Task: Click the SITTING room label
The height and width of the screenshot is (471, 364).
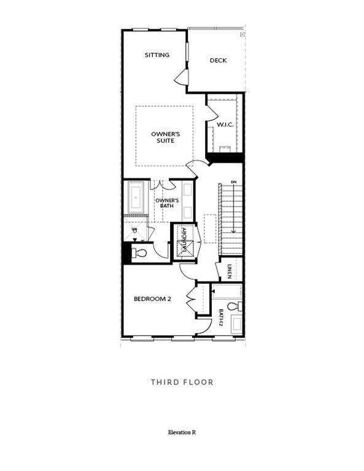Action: click(x=157, y=55)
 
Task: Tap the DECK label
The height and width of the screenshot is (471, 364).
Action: click(x=218, y=60)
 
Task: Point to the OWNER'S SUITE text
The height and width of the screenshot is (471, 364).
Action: click(x=163, y=137)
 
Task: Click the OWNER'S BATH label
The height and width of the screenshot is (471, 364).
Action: click(x=166, y=203)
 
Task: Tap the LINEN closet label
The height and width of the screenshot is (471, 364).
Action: click(x=229, y=271)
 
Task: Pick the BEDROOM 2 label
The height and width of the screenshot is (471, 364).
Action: click(x=152, y=299)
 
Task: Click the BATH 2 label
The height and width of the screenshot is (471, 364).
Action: click(x=221, y=317)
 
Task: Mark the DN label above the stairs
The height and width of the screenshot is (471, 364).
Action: click(x=233, y=182)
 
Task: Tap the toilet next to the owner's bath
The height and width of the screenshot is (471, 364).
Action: click(x=141, y=253)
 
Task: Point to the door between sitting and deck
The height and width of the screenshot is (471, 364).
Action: click(x=180, y=77)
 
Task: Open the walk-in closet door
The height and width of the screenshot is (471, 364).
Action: click(x=211, y=112)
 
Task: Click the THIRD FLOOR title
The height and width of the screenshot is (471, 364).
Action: click(x=182, y=382)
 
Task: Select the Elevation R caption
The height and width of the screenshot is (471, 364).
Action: click(x=182, y=432)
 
